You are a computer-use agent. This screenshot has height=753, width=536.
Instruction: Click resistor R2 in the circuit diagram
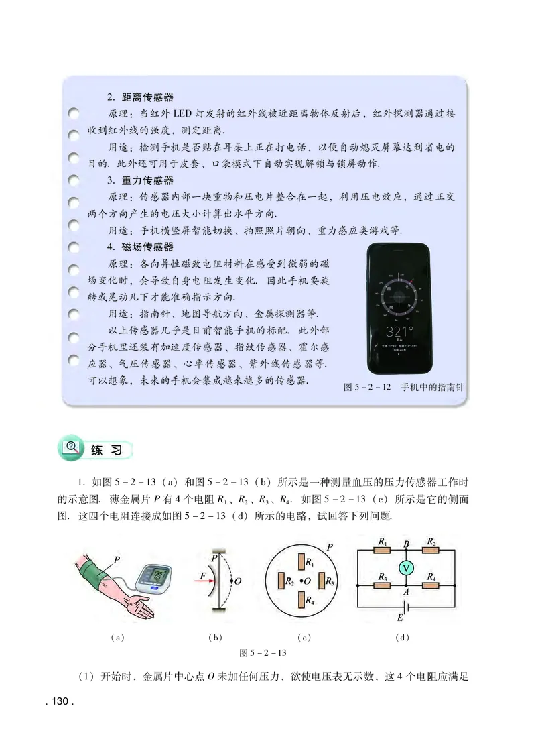pos(430,550)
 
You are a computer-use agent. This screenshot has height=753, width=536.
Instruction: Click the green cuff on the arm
pos(94,572)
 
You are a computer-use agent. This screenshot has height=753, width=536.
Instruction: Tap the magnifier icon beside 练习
pos(70,447)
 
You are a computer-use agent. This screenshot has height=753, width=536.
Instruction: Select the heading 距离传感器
pos(147,97)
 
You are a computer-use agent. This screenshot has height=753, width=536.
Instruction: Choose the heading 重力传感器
pos(147,180)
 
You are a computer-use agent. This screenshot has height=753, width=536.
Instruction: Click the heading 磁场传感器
pos(147,246)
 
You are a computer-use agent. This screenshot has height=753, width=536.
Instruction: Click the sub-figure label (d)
pos(403,637)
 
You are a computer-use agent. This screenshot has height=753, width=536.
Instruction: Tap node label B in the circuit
pos(405,543)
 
